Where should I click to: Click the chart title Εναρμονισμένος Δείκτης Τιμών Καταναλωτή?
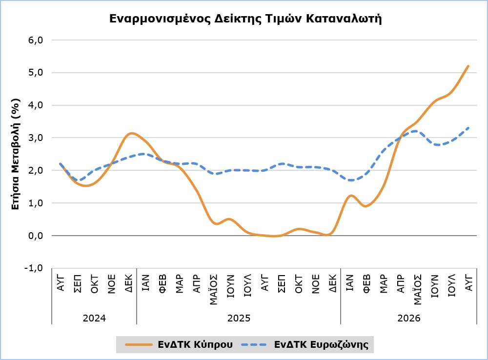pos(245,19)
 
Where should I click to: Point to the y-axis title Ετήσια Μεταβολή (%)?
pos(16,154)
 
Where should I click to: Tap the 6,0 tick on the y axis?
pos(36,40)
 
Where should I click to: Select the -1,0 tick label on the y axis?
pos(34,268)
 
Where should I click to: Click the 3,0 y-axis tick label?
pos(36,138)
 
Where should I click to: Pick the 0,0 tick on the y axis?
pos(36,236)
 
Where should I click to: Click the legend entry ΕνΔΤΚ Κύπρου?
pos(179,344)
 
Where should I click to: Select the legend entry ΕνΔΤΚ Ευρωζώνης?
pos(305,344)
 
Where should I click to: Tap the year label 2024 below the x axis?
pos(94,318)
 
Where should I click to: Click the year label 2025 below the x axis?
pos(239,318)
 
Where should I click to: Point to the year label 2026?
pos(408,318)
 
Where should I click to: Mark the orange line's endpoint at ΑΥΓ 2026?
pos(468,66)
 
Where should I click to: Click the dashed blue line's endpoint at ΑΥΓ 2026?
pos(468,128)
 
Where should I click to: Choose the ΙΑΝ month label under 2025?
pos(145,282)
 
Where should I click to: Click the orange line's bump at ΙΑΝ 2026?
pos(351,196)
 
